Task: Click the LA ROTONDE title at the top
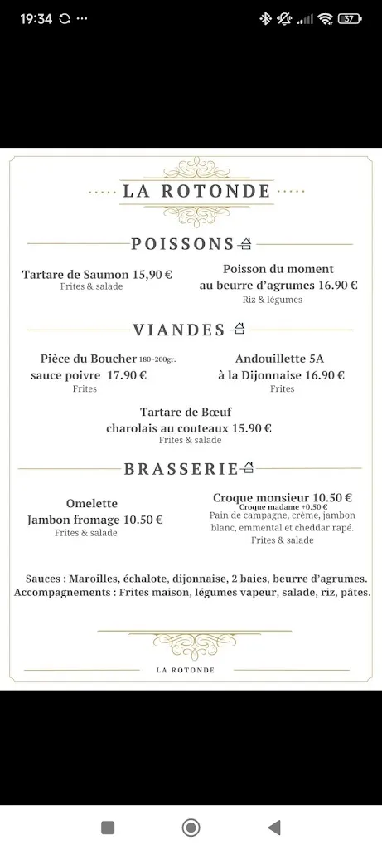click(x=197, y=191)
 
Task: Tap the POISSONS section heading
click(x=182, y=244)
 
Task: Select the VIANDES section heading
click(x=179, y=330)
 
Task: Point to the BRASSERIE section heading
click(x=181, y=469)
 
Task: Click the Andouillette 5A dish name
click(x=279, y=359)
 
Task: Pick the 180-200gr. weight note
click(x=157, y=359)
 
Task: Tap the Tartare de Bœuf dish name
click(x=189, y=413)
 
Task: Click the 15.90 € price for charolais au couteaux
click(x=252, y=428)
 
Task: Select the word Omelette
click(x=92, y=503)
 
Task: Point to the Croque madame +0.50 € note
click(x=283, y=507)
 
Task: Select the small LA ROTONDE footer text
click(x=186, y=670)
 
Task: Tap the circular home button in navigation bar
click(x=191, y=827)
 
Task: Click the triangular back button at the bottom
click(x=273, y=827)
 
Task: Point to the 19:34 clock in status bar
click(x=33, y=18)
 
